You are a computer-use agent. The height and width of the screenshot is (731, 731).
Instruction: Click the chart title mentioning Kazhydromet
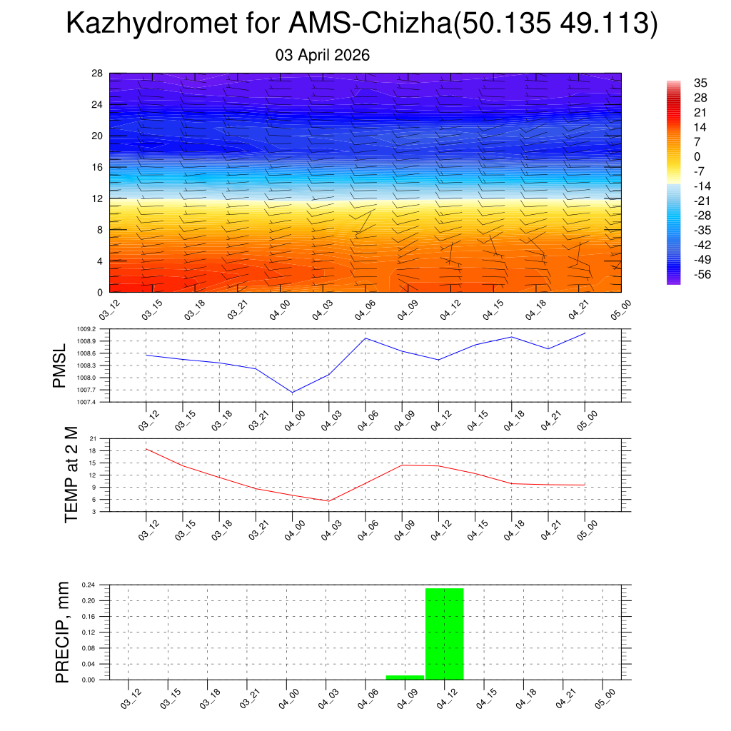click(x=361, y=24)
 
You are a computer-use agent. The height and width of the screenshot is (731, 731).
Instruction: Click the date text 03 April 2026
click(x=323, y=55)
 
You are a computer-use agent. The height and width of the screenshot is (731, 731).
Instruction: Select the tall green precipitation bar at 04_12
click(x=444, y=633)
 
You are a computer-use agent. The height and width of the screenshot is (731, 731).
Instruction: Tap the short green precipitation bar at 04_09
click(x=405, y=677)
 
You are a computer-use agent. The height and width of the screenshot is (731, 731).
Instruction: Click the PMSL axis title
click(x=59, y=365)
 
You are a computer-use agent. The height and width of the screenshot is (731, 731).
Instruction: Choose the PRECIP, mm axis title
click(x=63, y=632)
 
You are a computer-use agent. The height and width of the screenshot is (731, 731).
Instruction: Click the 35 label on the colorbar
click(x=700, y=83)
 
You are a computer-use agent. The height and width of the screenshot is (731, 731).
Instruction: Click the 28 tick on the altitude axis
click(x=98, y=74)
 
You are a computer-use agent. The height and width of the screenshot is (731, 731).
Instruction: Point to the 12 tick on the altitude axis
click(x=98, y=198)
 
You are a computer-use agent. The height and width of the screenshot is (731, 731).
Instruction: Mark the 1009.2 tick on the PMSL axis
click(x=96, y=329)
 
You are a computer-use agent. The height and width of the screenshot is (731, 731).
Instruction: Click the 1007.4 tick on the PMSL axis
click(x=96, y=402)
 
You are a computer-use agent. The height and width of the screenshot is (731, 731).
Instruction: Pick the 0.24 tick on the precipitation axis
click(x=88, y=585)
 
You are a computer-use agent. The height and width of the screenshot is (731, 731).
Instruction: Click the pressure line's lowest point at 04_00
click(x=293, y=392)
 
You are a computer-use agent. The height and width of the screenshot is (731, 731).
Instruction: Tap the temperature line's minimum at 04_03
click(x=329, y=500)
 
